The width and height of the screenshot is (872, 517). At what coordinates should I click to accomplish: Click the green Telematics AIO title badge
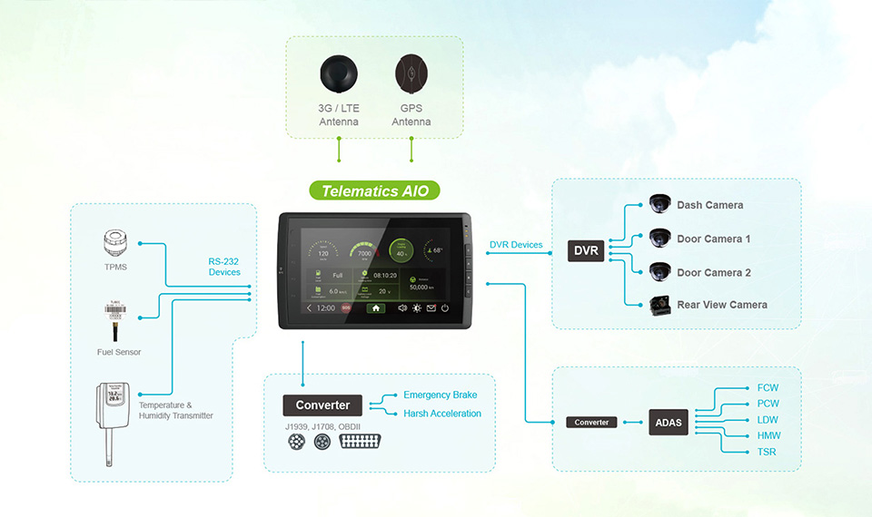tap(374, 191)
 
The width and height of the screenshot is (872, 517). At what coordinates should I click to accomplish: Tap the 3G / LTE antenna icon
tap(339, 73)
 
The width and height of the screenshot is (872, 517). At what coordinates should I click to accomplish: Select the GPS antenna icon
tap(411, 73)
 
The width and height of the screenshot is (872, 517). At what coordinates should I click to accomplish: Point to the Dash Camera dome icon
tap(659, 204)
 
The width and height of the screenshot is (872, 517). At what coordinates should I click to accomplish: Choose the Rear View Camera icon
tap(660, 305)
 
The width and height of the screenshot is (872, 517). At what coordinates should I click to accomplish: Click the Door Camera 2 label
tap(714, 272)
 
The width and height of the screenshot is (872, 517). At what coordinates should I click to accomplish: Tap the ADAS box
tap(669, 422)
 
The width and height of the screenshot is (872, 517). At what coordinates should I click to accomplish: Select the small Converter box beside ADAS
tap(592, 422)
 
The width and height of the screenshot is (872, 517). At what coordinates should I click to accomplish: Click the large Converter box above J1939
tap(322, 405)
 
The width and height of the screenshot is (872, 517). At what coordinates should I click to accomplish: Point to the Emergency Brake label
tap(440, 395)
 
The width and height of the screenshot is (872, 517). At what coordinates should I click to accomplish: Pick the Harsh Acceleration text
tap(442, 414)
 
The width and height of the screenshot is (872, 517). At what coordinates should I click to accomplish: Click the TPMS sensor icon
tap(115, 243)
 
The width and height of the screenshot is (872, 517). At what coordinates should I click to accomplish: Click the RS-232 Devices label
tap(224, 266)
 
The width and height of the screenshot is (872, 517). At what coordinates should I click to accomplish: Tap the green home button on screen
tap(375, 308)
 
